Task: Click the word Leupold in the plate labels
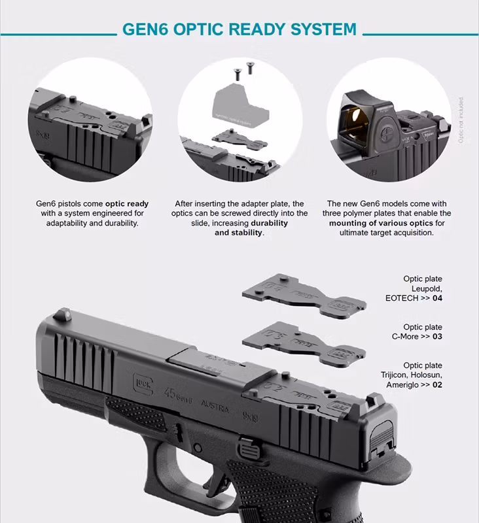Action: (427, 288)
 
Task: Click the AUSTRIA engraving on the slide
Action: (215, 407)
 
